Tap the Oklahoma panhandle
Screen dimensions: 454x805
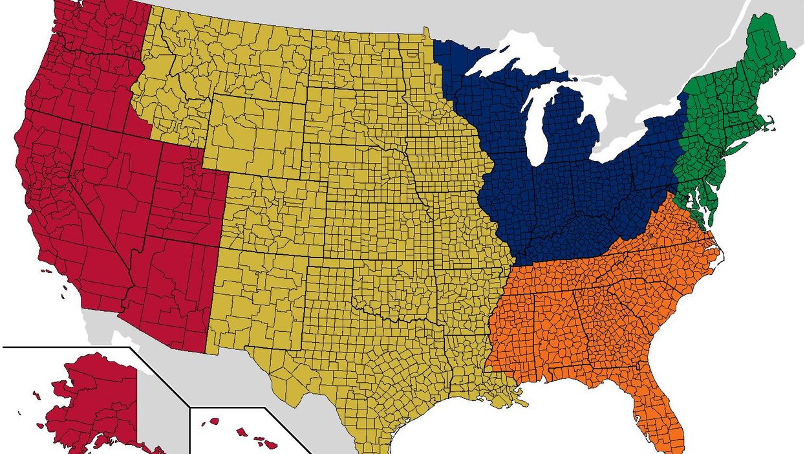coord(330,272)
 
